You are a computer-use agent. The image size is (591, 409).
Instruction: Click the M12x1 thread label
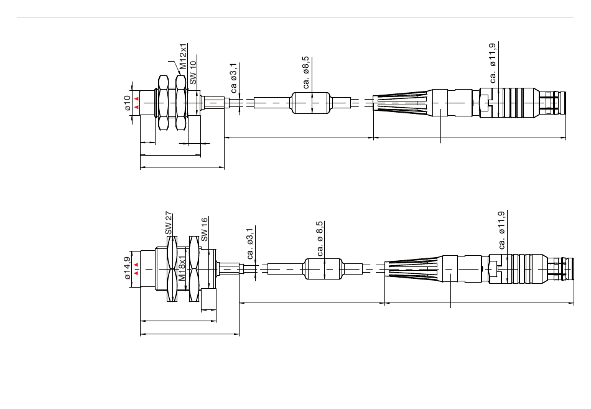184,57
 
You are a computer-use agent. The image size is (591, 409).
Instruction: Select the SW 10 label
193,73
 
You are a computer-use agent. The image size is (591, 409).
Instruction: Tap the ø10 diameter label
128,103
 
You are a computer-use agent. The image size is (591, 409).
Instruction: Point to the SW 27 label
169,223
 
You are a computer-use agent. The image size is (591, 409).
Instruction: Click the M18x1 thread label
182,269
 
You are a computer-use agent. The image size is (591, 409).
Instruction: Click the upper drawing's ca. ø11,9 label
493,63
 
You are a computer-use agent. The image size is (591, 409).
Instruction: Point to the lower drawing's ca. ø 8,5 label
320,238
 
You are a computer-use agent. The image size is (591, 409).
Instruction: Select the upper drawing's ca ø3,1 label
234,78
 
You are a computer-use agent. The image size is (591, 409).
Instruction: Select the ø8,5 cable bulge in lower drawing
322,270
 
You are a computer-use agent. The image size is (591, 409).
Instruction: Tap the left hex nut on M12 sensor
164,103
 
